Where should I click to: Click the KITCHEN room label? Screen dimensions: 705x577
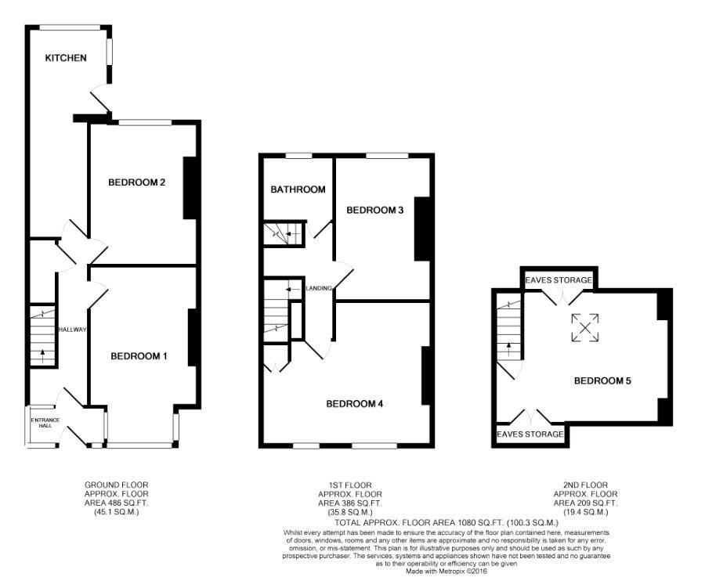66,58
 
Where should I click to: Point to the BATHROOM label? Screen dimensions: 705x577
298,189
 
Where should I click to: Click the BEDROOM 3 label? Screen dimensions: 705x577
374,211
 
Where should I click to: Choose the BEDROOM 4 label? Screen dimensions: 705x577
354,404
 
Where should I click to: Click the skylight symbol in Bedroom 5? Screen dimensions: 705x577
585,328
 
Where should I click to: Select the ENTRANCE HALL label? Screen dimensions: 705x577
45,423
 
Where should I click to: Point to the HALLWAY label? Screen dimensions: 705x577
72,330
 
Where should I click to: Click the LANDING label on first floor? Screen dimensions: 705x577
319,288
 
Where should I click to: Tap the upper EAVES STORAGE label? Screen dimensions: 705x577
559,280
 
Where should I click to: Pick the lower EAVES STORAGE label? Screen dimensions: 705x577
530,434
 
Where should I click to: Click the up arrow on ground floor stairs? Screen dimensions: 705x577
43,356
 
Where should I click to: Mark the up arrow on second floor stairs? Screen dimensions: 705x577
509,349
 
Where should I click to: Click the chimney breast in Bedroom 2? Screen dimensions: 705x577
189,188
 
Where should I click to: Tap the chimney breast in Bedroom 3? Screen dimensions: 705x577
421,229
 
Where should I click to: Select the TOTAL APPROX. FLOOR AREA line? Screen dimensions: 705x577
447,523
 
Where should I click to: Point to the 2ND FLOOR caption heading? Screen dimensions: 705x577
585,485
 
